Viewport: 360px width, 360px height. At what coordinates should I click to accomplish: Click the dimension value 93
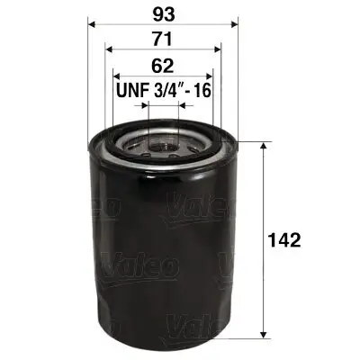click(162, 13)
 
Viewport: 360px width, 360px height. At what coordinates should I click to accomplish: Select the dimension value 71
click(162, 40)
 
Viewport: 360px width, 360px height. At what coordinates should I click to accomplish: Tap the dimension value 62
click(162, 66)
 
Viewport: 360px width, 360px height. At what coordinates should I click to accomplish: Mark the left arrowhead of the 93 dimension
click(92, 25)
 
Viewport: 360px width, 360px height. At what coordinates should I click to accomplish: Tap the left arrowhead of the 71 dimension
click(109, 51)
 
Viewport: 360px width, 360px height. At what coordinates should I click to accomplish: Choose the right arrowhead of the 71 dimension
click(217, 51)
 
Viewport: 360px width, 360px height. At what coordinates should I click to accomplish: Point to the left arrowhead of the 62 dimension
click(116, 77)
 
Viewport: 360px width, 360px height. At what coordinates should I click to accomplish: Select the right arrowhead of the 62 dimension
click(210, 77)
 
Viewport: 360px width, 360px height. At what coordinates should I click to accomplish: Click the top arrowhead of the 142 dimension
click(262, 145)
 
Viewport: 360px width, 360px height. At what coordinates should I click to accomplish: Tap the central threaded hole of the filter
click(163, 141)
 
